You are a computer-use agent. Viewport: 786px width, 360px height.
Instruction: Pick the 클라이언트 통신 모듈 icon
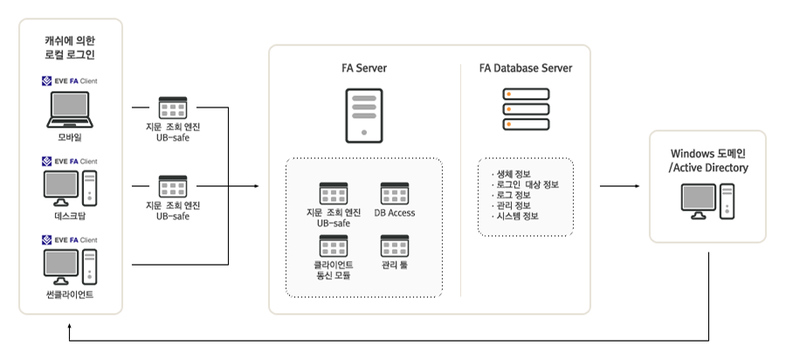tap(333, 245)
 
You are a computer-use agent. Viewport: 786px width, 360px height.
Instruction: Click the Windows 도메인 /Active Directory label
tap(707, 161)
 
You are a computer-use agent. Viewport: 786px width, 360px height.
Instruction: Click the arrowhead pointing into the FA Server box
tap(256, 186)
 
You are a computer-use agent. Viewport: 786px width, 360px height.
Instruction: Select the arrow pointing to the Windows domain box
tap(632, 186)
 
